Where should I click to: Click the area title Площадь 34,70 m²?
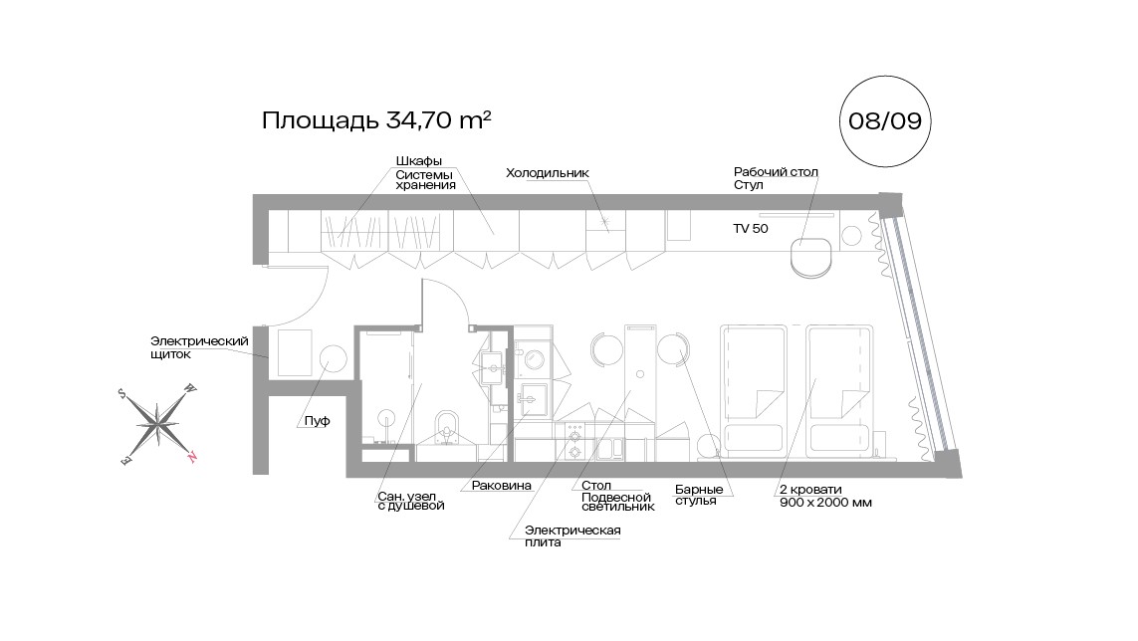[x=377, y=120]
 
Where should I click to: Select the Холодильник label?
[x=548, y=172]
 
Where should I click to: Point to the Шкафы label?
[x=418, y=161]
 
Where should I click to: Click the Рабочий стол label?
[x=776, y=172]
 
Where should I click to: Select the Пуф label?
[x=318, y=422]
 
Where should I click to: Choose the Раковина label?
[x=496, y=486]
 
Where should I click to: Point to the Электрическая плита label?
[x=572, y=535]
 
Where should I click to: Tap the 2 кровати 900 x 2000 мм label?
[x=825, y=496]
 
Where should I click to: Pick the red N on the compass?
[x=192, y=457]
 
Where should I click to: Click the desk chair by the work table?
[x=810, y=257]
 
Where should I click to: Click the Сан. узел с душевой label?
[x=410, y=500]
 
